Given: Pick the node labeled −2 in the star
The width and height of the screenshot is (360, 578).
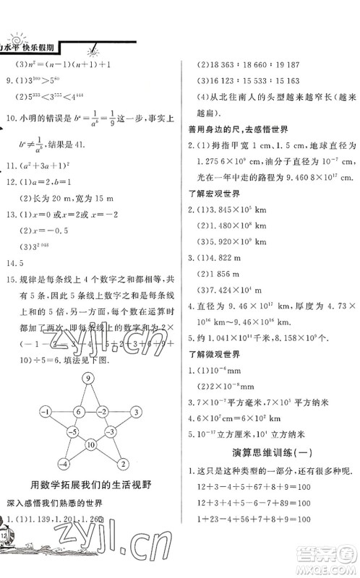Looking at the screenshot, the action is pos(103,412).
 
